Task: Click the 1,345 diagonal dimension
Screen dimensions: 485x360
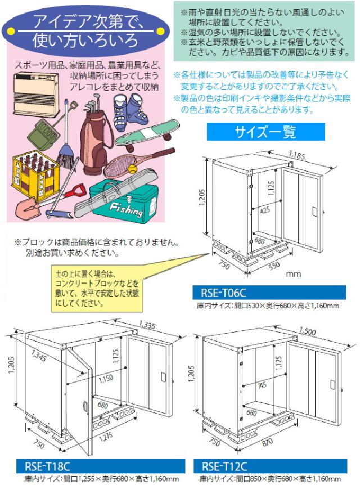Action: [x=40, y=356]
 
